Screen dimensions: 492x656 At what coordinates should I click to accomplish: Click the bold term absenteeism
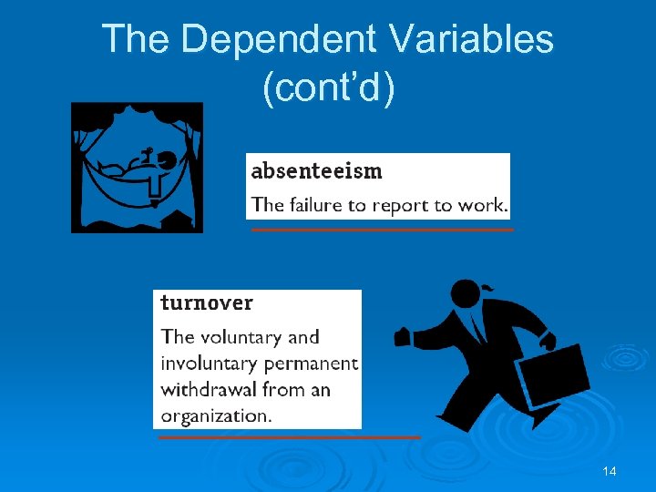point(316,170)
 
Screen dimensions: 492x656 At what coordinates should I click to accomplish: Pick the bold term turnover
point(207,302)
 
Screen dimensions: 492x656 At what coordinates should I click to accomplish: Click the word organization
point(216,416)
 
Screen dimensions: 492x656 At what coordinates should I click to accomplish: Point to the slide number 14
point(609,471)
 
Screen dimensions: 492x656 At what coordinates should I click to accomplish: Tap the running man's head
point(467,294)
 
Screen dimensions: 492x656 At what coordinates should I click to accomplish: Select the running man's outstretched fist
point(403,337)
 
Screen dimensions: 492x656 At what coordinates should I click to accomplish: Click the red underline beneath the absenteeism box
point(383,230)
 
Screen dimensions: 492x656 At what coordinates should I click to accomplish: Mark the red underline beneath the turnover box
point(289,437)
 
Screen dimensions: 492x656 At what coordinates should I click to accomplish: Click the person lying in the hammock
point(132,167)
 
